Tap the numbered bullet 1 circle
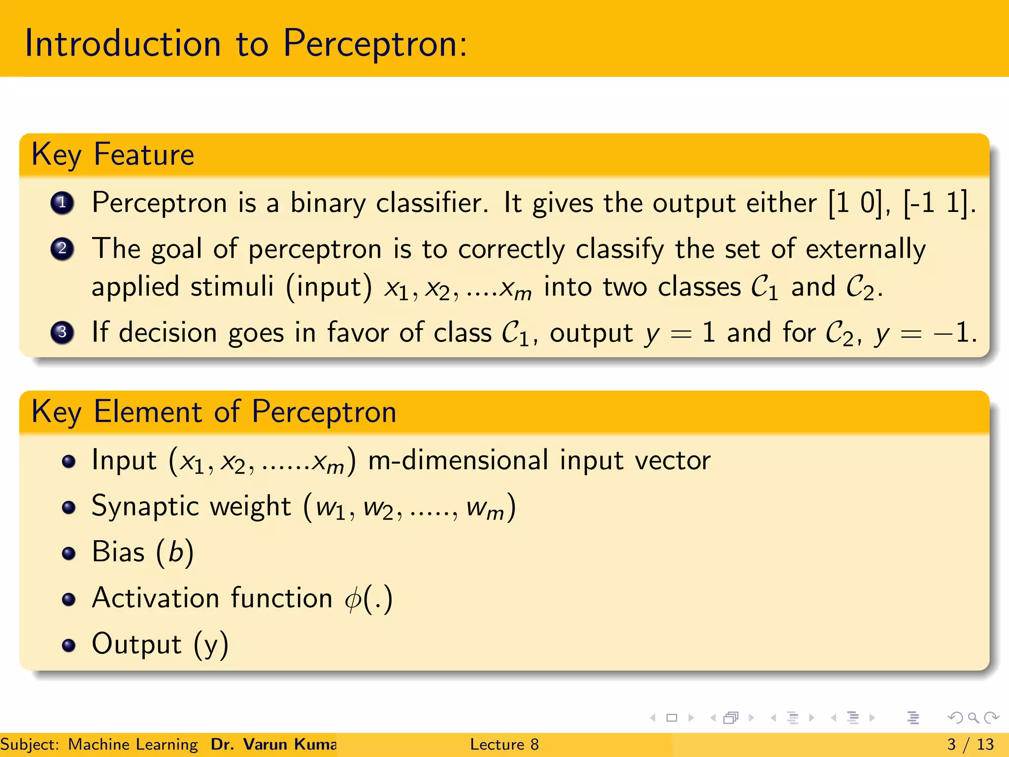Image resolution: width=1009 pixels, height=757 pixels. click(63, 203)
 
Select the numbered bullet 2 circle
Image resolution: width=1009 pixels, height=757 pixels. click(63, 248)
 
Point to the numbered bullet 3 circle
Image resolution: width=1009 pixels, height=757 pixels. click(63, 332)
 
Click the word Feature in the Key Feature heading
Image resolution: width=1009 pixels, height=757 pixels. click(144, 155)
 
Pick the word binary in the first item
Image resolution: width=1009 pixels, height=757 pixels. click(328, 203)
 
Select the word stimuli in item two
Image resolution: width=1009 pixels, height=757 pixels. click(232, 287)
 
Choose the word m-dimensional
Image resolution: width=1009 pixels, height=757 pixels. click(458, 460)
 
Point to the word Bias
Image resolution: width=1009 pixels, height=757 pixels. click(118, 551)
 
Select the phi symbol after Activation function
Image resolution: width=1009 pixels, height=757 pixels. click(353, 599)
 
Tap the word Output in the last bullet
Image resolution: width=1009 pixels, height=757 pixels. click(136, 644)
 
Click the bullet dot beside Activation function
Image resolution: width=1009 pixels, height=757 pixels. click(69, 599)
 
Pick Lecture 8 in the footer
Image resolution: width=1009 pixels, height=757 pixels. click(504, 744)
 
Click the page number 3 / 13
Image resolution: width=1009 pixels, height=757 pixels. click(970, 744)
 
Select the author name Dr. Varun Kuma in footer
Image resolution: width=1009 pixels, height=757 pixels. click(273, 744)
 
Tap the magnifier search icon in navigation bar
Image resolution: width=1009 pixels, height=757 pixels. click(973, 718)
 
